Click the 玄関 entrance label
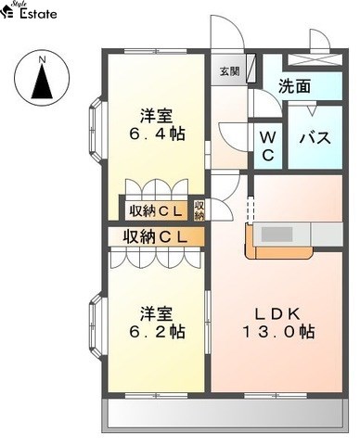pyautogui.click(x=230, y=71)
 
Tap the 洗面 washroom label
pyautogui.click(x=294, y=86)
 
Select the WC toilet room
pyautogui.click(x=268, y=146)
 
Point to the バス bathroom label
pyautogui.click(x=315, y=137)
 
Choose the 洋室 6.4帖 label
pyautogui.click(x=157, y=125)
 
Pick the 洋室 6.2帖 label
pyautogui.click(x=157, y=323)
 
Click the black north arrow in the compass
pyautogui.click(x=42, y=82)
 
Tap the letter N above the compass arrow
pyautogui.click(x=42, y=59)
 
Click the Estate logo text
pyautogui.click(x=38, y=14)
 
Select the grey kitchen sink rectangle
pyautogui.click(x=277, y=235)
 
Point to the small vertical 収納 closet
pyautogui.click(x=199, y=210)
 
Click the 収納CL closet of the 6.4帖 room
pyautogui.click(x=155, y=211)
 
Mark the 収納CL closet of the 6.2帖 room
pyautogui.click(x=156, y=236)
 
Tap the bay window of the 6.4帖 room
pyautogui.click(x=98, y=130)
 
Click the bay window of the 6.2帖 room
pyautogui.click(x=98, y=327)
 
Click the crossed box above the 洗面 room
pyautogui.click(x=315, y=59)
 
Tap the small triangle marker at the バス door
pyautogui.click(x=312, y=110)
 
